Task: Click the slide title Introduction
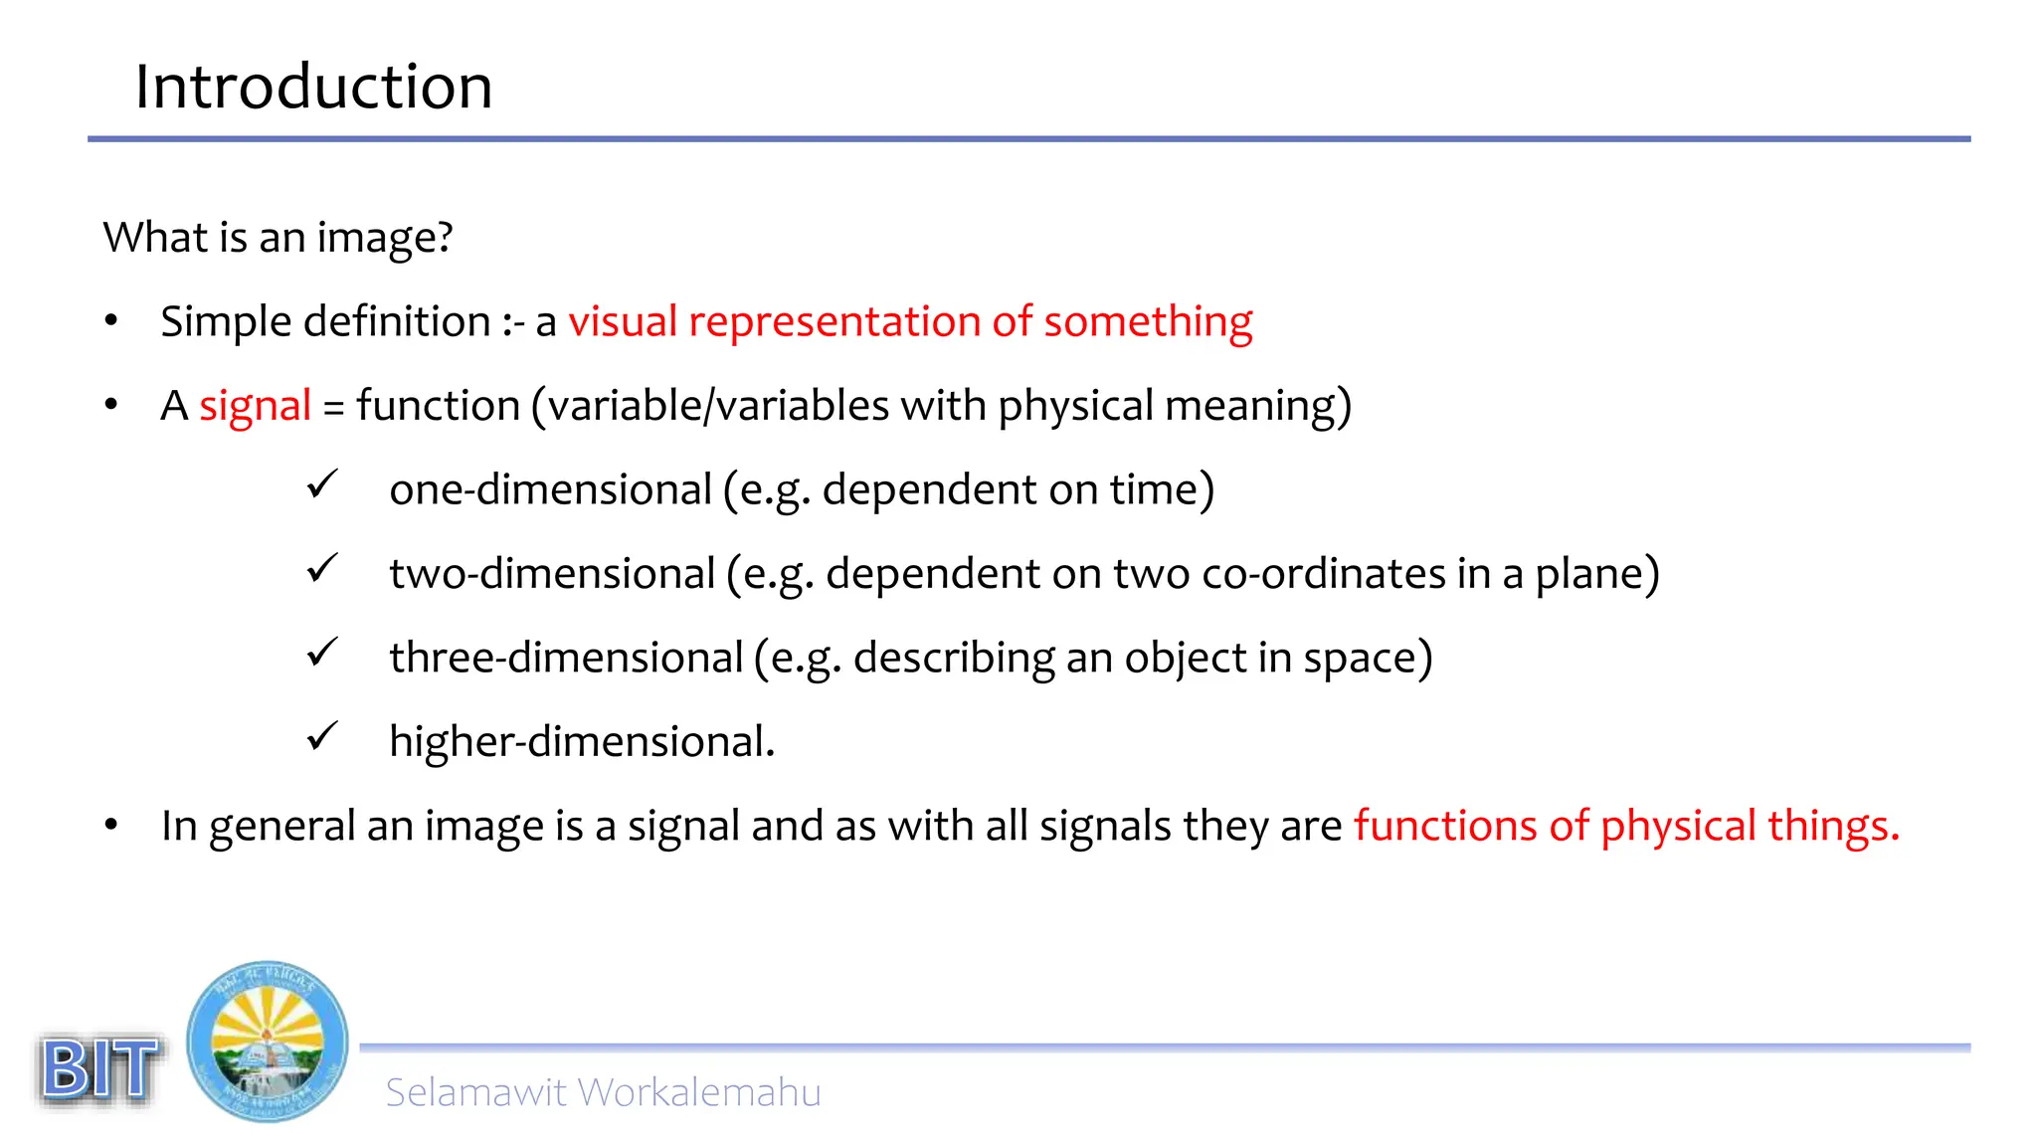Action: point(313,87)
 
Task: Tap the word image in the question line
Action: point(383,239)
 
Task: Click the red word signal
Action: point(255,407)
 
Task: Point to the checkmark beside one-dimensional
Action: point(322,485)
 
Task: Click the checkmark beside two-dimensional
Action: point(322,569)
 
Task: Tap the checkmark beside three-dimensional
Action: point(322,654)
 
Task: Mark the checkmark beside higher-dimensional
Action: point(322,737)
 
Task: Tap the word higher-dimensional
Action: point(581,742)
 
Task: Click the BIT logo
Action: point(99,1069)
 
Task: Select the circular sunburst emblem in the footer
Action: point(268,1042)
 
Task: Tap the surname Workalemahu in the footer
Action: point(698,1092)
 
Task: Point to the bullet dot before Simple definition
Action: point(111,321)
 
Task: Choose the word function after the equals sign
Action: point(438,406)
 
